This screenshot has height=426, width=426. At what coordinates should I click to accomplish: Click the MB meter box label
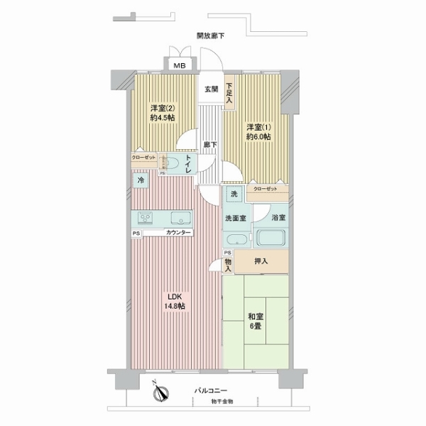(174, 65)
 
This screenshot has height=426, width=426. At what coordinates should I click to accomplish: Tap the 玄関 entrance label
(212, 89)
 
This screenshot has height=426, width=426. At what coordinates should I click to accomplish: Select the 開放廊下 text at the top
(211, 36)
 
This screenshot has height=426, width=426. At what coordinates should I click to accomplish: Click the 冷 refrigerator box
(141, 181)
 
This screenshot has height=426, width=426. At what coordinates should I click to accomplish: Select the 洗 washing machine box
(233, 193)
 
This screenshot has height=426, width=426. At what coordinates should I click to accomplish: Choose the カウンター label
(178, 233)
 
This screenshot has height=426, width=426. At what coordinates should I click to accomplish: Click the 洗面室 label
(236, 218)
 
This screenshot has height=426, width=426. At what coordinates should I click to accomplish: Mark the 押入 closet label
(261, 261)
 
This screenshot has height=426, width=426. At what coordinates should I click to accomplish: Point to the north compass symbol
(161, 390)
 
